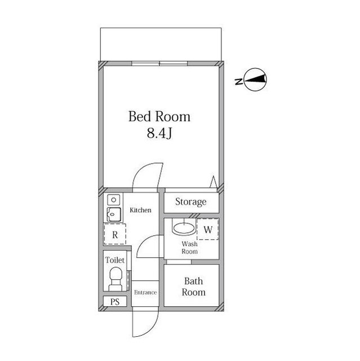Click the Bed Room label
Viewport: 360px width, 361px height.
pos(159,117)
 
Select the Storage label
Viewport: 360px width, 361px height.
pos(190,202)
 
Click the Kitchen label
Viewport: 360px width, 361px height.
pos(140,210)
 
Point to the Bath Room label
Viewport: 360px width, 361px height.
pos(193,287)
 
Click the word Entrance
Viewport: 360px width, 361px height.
pos(145,292)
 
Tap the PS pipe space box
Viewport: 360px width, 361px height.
pos(115,302)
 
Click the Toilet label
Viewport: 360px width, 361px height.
pos(114,261)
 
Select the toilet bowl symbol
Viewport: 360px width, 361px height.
pos(115,278)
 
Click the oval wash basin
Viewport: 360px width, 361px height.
pos(183,229)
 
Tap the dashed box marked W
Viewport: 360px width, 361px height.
pos(207,230)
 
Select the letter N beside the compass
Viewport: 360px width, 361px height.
pos(239,82)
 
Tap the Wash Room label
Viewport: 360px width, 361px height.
pos(189,248)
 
